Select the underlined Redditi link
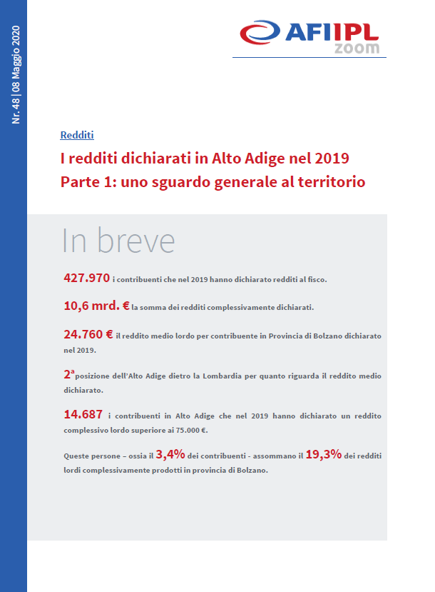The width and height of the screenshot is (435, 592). (77, 135)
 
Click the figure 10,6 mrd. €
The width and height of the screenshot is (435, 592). (96, 306)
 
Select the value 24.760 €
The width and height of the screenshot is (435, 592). (88, 333)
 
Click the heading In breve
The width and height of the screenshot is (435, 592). (118, 241)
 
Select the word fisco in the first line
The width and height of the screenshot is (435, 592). (314, 279)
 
